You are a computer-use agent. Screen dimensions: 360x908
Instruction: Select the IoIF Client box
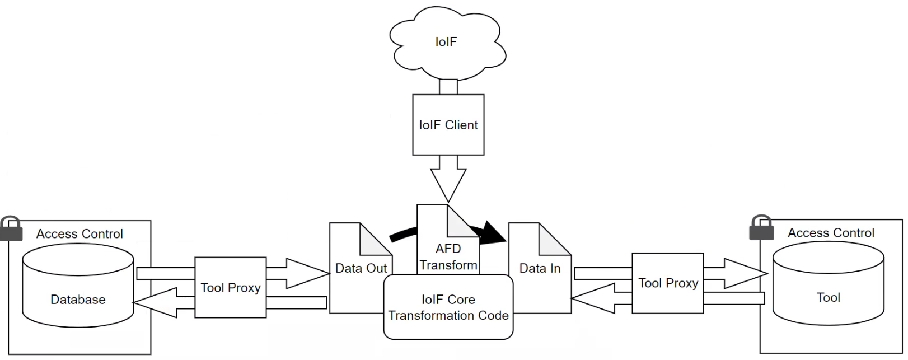pos(448,124)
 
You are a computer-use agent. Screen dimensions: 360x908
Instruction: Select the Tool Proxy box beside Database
pos(230,287)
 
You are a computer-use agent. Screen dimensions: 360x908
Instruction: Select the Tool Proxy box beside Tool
pos(667,283)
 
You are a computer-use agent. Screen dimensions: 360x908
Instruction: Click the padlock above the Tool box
pos(761,227)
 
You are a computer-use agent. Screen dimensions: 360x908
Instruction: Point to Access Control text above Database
pos(79,233)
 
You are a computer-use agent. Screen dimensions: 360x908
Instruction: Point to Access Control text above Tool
pos(831,232)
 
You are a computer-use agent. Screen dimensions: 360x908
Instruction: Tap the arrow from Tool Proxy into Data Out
pos(302,273)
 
